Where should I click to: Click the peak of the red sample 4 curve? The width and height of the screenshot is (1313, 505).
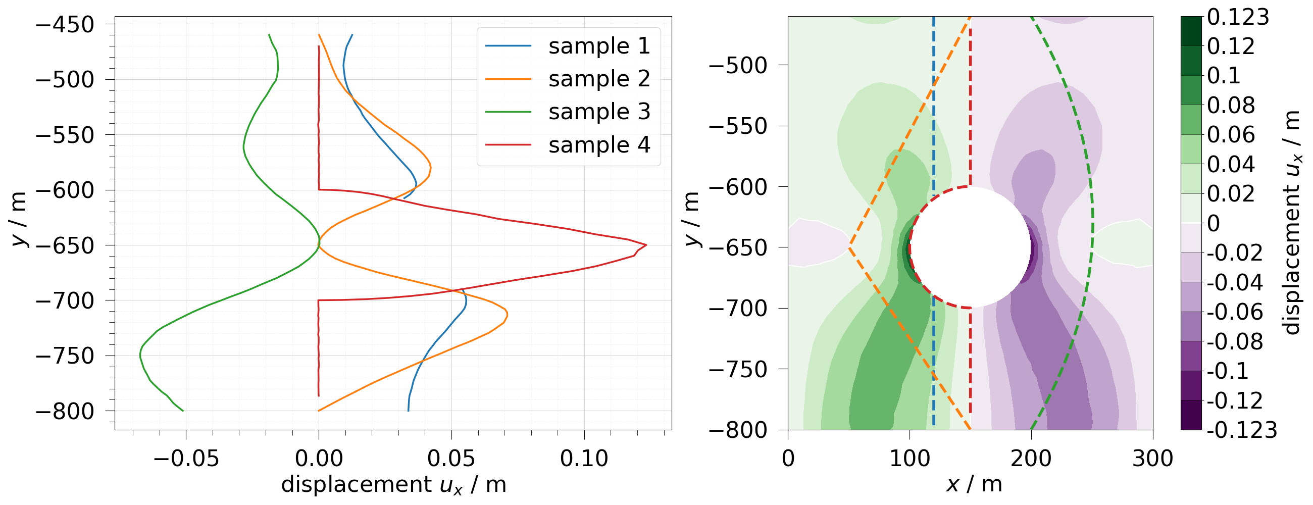click(x=646, y=245)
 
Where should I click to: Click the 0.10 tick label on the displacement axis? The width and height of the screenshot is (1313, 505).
click(x=584, y=459)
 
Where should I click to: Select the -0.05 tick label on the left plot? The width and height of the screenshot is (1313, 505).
click(x=185, y=459)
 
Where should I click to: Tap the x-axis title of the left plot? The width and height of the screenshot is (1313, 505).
click(x=393, y=485)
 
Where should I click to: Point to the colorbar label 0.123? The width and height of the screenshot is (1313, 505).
click(x=1238, y=17)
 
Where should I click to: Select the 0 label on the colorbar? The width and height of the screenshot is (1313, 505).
click(x=1214, y=223)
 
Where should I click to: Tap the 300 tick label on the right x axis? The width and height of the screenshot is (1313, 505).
click(x=1152, y=459)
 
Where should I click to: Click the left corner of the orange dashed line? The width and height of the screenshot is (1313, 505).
click(x=850, y=248)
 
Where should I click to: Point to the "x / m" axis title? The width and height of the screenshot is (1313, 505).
click(x=974, y=484)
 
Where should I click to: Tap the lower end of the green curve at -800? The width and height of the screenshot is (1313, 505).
click(x=183, y=411)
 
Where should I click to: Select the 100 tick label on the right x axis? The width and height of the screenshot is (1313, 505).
click(x=910, y=459)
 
